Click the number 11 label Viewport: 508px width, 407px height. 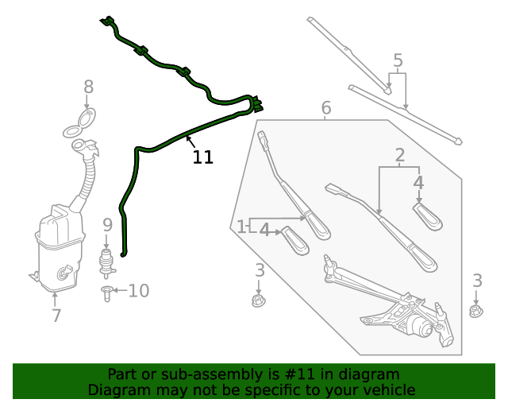pyautogui.click(x=203, y=157)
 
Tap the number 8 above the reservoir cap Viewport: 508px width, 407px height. pyautogui.click(x=88, y=87)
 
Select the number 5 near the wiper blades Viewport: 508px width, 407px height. pyautogui.click(x=398, y=60)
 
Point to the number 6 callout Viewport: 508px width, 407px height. pyautogui.click(x=326, y=107)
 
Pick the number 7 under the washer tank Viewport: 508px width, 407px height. pyautogui.click(x=56, y=316)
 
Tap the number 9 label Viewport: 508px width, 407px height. pyautogui.click(x=107, y=225)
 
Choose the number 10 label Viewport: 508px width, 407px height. pyautogui.click(x=138, y=291)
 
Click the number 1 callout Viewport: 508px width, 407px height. pyautogui.click(x=241, y=227)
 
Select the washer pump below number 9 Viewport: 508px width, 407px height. pyautogui.click(x=105, y=261)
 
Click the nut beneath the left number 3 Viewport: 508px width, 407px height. pyautogui.click(x=257, y=300)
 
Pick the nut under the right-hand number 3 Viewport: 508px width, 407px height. pyautogui.click(x=475, y=310)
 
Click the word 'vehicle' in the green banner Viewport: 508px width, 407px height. pyautogui.click(x=388, y=390)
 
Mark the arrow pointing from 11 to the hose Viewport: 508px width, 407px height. pyautogui.click(x=189, y=141)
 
